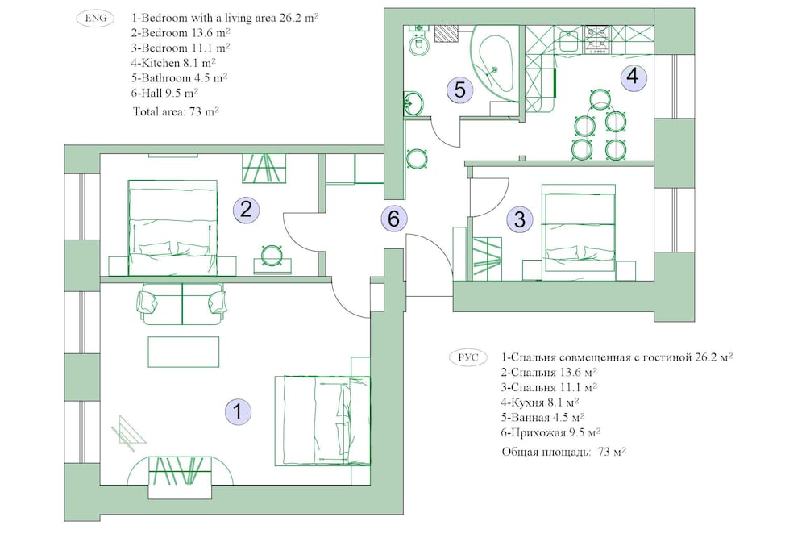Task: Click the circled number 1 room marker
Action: click(x=238, y=411)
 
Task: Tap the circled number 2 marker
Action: click(x=246, y=210)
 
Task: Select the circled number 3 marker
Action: click(x=520, y=219)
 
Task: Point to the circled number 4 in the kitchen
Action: click(x=633, y=76)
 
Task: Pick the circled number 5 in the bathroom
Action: click(x=459, y=90)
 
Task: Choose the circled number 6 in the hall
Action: click(x=394, y=218)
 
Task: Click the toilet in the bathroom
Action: click(x=419, y=40)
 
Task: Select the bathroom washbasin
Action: click(x=413, y=103)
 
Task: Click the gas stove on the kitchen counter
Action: click(x=596, y=40)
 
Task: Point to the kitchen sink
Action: click(x=570, y=40)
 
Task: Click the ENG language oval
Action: click(x=96, y=18)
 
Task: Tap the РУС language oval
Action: click(x=467, y=357)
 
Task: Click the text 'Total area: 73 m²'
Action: click(x=176, y=111)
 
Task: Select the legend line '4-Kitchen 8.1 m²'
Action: click(x=173, y=63)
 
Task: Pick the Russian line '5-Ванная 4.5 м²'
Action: click(x=542, y=417)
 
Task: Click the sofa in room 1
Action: click(x=182, y=304)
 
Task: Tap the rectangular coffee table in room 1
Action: click(x=184, y=352)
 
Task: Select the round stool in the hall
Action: click(x=417, y=158)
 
